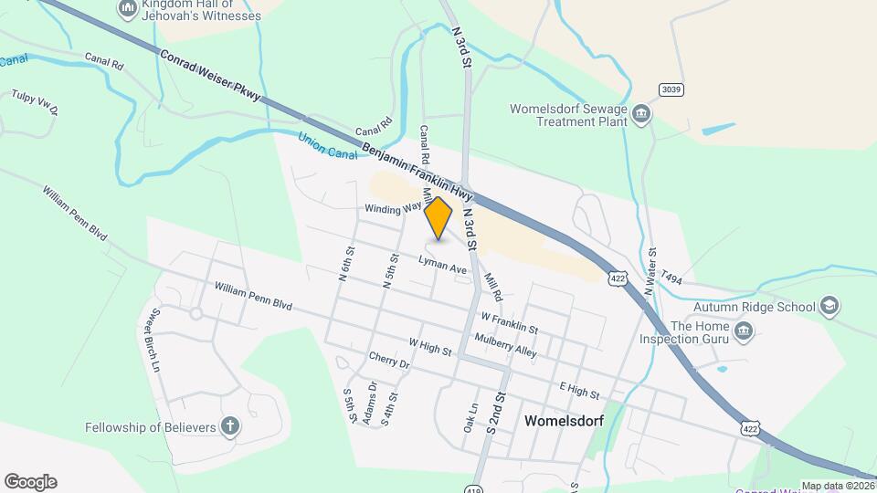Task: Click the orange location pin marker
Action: point(438,217)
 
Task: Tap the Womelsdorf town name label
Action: point(566,422)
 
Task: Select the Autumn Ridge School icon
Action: point(829,304)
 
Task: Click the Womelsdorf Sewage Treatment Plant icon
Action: point(641,114)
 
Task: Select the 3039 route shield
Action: point(671,88)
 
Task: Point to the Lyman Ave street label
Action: point(442,266)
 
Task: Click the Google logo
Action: point(30,482)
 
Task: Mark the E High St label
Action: point(579,393)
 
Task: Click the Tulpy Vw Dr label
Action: point(36,103)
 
